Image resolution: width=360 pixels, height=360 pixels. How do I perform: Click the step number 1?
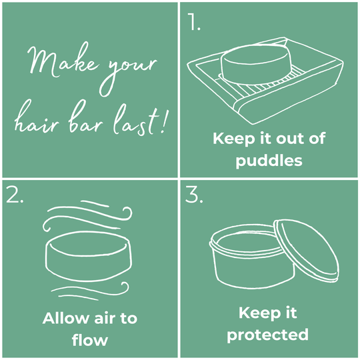[194, 21]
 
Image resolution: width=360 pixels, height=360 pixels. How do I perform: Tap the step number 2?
[15, 195]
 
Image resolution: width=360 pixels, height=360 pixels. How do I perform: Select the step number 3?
[194, 195]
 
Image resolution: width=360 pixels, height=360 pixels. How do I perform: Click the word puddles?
[269, 161]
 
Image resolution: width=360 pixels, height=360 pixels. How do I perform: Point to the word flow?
[90, 340]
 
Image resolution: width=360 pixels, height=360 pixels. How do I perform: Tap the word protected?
[268, 335]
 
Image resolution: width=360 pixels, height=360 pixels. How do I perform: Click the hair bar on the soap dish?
[256, 65]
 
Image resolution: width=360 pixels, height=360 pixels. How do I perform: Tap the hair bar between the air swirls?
[89, 257]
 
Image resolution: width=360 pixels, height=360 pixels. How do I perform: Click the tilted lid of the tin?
[307, 251]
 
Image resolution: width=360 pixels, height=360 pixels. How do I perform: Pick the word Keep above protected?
[255, 313]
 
